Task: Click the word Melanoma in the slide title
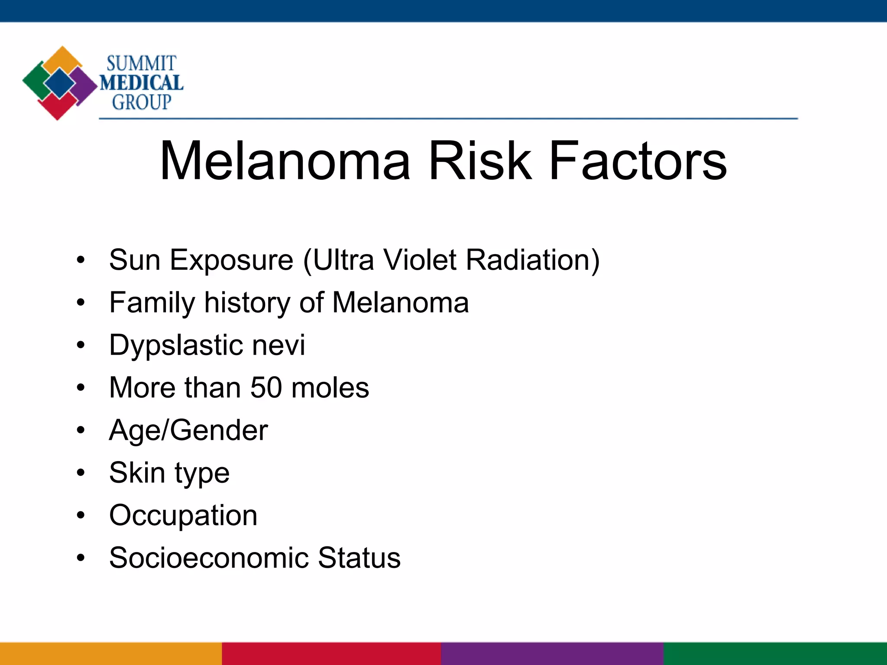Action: click(x=285, y=161)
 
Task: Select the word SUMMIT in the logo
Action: click(x=141, y=64)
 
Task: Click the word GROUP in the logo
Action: click(x=142, y=103)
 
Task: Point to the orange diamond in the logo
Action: click(x=63, y=59)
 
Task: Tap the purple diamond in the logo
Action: click(x=84, y=84)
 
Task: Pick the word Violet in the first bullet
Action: click(x=420, y=260)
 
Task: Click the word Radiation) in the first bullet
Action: click(x=533, y=260)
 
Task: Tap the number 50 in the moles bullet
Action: click(x=266, y=387)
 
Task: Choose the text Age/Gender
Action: click(x=188, y=430)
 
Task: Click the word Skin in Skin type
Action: click(x=137, y=472)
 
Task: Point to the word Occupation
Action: click(x=183, y=516)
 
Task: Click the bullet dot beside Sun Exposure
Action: click(x=81, y=261)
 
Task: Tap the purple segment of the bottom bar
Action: click(x=552, y=654)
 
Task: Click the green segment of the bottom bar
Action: click(x=775, y=654)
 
